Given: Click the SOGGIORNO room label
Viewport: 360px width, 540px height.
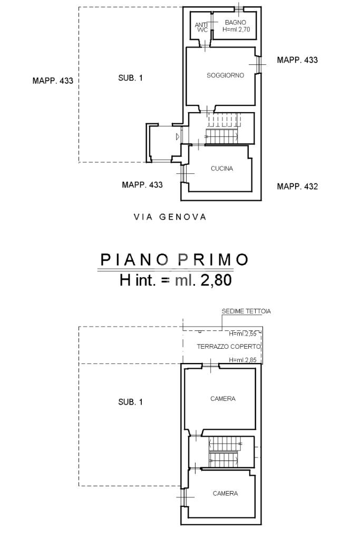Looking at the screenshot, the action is pyautogui.click(x=225, y=75).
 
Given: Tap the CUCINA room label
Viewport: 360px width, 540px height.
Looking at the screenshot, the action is pyautogui.click(x=222, y=169).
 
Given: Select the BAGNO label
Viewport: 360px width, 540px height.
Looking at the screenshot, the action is pyautogui.click(x=236, y=22).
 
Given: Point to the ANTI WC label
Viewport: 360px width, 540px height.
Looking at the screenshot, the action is pyautogui.click(x=201, y=27).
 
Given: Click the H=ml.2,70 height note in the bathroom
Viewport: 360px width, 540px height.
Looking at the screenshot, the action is pyautogui.click(x=236, y=30).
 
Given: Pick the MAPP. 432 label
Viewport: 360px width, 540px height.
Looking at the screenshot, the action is pyautogui.click(x=297, y=186).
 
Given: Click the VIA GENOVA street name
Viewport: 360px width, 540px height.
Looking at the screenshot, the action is pyautogui.click(x=170, y=217).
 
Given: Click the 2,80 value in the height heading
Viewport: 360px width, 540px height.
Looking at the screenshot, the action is pyautogui.click(x=216, y=280).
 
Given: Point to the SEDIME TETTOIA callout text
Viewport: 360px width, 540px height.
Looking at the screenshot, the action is pyautogui.click(x=246, y=311).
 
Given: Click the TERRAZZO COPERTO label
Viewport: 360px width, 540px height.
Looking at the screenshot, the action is pyautogui.click(x=229, y=347).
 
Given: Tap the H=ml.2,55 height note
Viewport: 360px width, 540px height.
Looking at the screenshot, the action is pyautogui.click(x=243, y=333).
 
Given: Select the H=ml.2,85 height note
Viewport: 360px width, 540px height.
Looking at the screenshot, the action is pyautogui.click(x=243, y=360).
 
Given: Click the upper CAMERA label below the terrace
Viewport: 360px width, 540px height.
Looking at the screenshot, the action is pyautogui.click(x=223, y=398).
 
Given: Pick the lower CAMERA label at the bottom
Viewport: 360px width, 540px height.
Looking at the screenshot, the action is pyautogui.click(x=225, y=494).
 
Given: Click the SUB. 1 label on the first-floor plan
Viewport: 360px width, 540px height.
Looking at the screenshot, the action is pyautogui.click(x=130, y=402).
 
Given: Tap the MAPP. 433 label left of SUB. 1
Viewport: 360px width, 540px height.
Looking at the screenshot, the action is pyautogui.click(x=53, y=81).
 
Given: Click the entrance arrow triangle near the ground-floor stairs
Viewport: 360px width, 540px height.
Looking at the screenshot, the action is pyautogui.click(x=178, y=137).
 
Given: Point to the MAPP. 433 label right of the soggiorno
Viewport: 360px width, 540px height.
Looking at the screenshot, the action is pyautogui.click(x=297, y=60).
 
